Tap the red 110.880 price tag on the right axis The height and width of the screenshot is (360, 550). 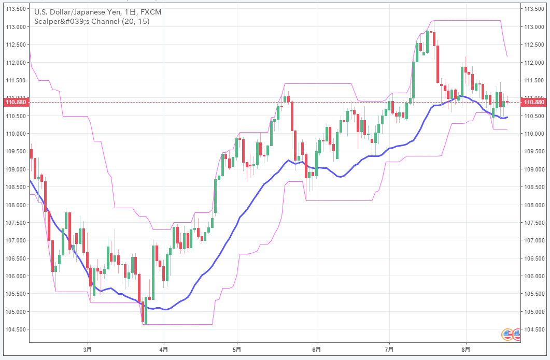(x=534, y=102)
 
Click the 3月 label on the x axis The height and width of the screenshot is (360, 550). (x=88, y=350)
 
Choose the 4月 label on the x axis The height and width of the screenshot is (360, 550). (x=164, y=350)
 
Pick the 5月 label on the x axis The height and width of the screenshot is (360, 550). (x=237, y=350)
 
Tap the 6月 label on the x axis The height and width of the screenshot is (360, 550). (x=317, y=350)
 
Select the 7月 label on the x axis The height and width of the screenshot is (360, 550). (x=389, y=350)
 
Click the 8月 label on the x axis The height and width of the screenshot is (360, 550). (x=466, y=350)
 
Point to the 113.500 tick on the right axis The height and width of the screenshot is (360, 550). (x=534, y=9)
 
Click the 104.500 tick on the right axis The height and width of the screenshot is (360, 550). (x=534, y=329)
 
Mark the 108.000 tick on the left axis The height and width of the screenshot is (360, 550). (x=16, y=205)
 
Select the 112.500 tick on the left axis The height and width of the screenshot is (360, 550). (x=16, y=45)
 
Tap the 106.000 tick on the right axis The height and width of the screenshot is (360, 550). (x=534, y=276)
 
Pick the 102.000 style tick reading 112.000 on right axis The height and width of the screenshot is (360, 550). (x=534, y=63)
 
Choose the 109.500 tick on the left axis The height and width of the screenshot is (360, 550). (x=16, y=152)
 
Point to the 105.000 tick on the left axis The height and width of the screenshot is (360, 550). (x=16, y=312)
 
